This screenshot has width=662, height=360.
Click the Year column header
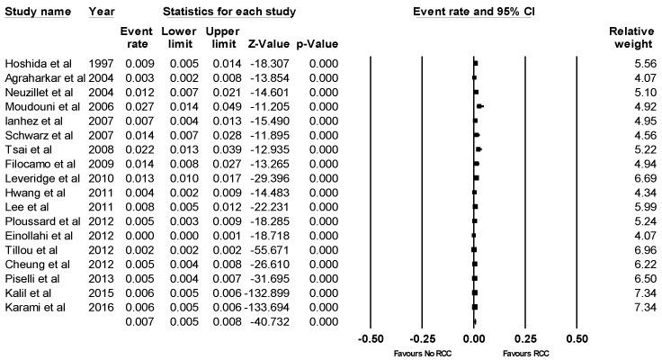pos(101,12)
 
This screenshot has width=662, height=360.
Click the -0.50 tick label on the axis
pos(371,339)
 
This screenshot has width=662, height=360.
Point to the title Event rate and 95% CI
pos(472,12)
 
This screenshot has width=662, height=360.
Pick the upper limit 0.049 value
pos(221,106)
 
